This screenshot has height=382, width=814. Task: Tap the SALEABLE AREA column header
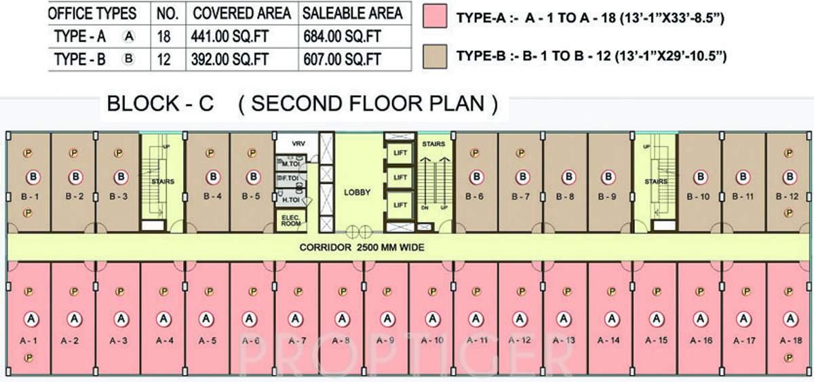coord(352,13)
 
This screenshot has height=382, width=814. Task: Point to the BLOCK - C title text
coord(160,104)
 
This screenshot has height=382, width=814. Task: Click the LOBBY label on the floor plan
coord(357,193)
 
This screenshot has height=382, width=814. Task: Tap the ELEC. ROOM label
coord(291,220)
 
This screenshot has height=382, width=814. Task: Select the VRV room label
coord(298,144)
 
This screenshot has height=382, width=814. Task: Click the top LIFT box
coord(400,153)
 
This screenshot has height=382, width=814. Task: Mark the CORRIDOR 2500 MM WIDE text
coord(362,248)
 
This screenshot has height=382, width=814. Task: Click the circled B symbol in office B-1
coord(32,178)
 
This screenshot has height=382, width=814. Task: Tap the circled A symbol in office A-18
coord(790,318)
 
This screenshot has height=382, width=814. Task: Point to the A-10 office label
coord(431,340)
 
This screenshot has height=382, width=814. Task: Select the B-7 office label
coord(521,197)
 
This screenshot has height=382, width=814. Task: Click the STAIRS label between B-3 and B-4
coord(163,182)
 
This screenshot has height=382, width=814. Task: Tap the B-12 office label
coord(789,197)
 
